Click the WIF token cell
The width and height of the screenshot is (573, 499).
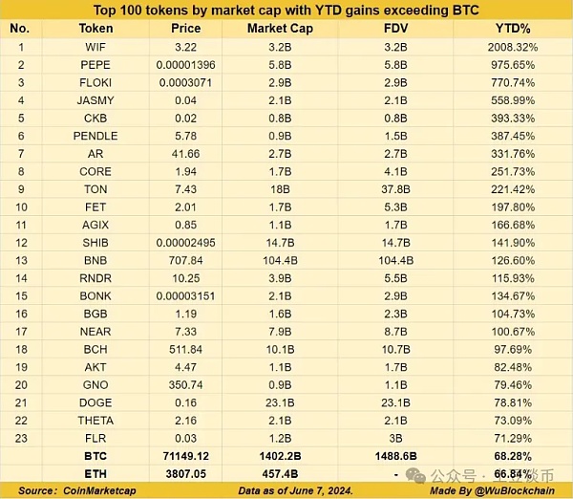pos(95,45)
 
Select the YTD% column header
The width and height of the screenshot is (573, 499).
pos(511,28)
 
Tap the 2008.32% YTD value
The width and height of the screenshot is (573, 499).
pos(511,45)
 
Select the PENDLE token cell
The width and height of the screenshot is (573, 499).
pos(95,136)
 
